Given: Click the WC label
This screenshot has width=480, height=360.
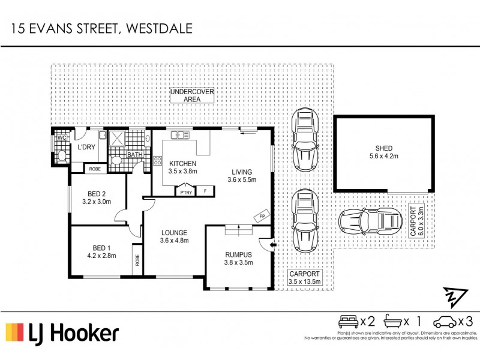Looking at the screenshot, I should pos(61,137).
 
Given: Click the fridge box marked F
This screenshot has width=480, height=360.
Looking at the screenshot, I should pos(205,191).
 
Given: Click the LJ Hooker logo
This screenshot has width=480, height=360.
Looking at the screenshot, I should pos(62,333).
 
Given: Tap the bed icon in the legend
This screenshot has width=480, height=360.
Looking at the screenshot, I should pos(348,322).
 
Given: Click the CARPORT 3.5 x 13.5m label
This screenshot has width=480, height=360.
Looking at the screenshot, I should pos(305,277).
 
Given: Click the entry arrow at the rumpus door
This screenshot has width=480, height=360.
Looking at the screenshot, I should pos(272,244).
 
